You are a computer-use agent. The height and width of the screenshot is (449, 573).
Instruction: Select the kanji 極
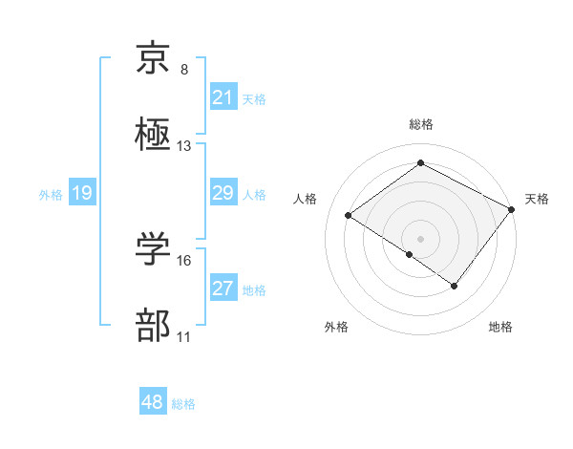click(153, 135)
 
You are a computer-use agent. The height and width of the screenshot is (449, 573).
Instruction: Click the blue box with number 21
click(223, 97)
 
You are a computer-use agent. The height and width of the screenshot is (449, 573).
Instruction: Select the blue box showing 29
click(223, 193)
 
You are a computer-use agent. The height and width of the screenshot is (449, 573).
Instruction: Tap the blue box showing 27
click(223, 289)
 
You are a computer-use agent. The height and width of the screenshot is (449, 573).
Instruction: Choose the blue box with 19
click(81, 194)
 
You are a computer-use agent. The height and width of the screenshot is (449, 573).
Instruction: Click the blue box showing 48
click(152, 402)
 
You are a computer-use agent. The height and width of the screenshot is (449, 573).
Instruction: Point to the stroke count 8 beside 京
click(184, 70)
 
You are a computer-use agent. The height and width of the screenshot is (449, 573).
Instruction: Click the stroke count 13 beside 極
click(184, 146)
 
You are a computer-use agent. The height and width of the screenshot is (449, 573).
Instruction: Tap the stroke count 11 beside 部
click(184, 337)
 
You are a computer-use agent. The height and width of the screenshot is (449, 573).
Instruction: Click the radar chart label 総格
click(420, 124)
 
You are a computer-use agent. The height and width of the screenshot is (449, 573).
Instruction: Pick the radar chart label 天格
click(537, 199)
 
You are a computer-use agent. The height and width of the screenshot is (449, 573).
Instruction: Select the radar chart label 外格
click(335, 327)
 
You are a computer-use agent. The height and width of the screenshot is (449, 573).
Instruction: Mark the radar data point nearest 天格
click(512, 209)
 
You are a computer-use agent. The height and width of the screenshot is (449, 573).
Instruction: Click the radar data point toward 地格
click(455, 286)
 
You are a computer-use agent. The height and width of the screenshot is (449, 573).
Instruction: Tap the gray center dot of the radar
click(420, 238)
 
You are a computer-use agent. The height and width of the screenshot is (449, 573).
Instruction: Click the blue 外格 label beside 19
click(51, 195)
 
